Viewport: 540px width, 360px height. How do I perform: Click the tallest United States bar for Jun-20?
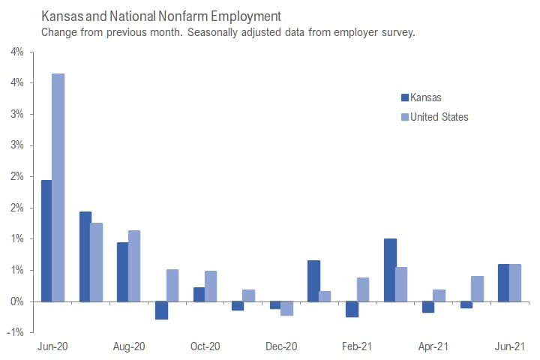click(58, 187)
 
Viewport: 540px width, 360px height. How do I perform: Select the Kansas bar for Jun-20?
click(46, 241)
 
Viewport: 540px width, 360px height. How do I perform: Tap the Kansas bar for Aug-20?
click(122, 271)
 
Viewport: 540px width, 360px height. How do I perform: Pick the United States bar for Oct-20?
click(211, 286)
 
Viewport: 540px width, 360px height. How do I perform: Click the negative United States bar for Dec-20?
click(286, 308)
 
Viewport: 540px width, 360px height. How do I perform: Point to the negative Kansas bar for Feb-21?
click(351, 309)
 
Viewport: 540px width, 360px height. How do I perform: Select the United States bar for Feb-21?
click(363, 289)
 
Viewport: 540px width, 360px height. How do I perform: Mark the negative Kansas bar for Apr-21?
click(427, 307)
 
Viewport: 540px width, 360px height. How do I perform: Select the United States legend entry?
click(439, 116)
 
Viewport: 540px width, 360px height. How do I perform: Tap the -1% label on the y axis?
click(15, 332)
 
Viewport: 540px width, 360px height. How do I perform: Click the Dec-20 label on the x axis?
click(280, 346)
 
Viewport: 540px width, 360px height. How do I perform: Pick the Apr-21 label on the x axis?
click(433, 346)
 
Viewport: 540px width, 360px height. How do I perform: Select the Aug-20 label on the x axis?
click(128, 346)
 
